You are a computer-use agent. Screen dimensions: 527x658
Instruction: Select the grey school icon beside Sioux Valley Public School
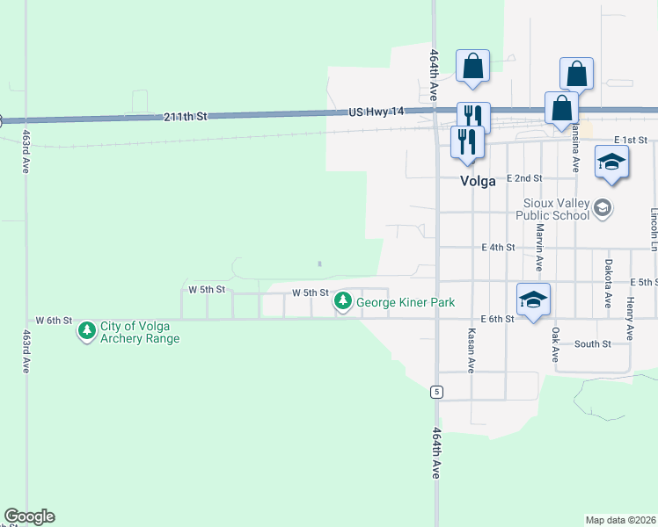(x=603, y=208)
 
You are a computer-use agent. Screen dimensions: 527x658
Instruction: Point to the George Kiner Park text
(x=406, y=302)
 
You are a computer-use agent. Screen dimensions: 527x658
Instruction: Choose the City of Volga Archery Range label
(x=140, y=331)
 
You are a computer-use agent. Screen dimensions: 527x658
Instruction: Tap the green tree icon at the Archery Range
(x=86, y=331)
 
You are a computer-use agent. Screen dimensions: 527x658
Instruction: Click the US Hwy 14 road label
(x=376, y=112)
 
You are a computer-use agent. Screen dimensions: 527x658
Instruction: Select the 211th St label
(x=184, y=116)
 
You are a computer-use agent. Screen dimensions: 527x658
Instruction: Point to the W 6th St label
(x=53, y=321)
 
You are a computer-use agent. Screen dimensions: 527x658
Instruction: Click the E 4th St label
(x=498, y=248)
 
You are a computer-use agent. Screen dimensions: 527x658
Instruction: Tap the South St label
(x=592, y=343)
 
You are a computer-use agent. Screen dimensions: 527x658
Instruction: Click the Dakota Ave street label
(x=608, y=282)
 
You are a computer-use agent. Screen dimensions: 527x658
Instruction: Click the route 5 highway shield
(x=435, y=391)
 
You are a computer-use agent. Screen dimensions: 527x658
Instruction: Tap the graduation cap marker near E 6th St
(x=534, y=300)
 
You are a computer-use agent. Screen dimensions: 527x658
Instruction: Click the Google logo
(x=29, y=516)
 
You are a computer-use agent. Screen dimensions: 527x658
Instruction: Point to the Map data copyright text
(x=621, y=520)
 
